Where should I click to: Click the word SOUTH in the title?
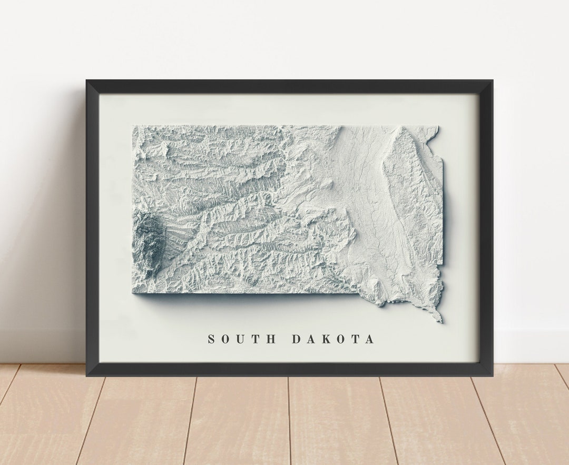[x=242, y=339]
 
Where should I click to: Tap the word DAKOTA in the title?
[x=333, y=339]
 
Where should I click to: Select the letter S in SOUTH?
[x=211, y=339]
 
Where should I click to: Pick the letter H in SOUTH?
[x=272, y=339]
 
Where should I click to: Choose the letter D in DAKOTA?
[x=297, y=339]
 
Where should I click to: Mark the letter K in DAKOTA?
[x=326, y=339]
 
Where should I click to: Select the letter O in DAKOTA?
[x=341, y=339]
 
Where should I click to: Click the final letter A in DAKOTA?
[x=370, y=339]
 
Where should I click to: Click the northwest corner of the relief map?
[x=133, y=126]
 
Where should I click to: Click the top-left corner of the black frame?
[x=87, y=81]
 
